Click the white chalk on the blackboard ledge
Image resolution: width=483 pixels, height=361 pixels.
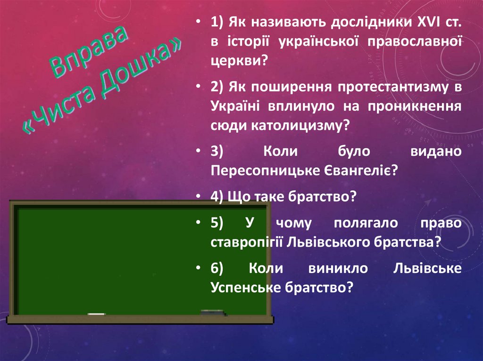click(97, 313)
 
